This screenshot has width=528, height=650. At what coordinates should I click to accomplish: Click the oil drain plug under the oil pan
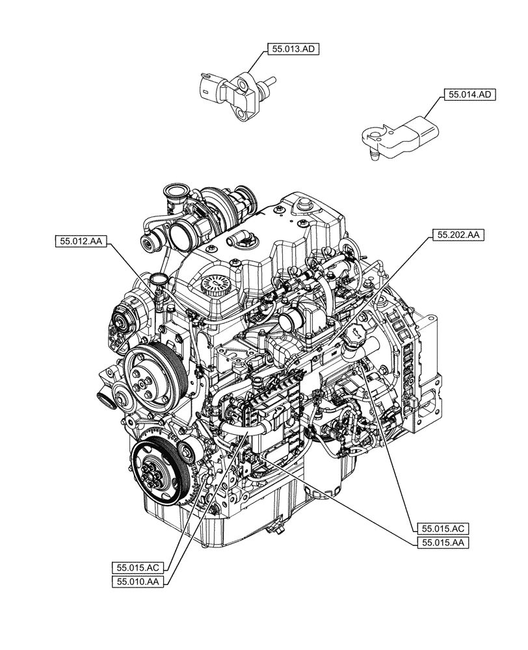(x=278, y=528)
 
